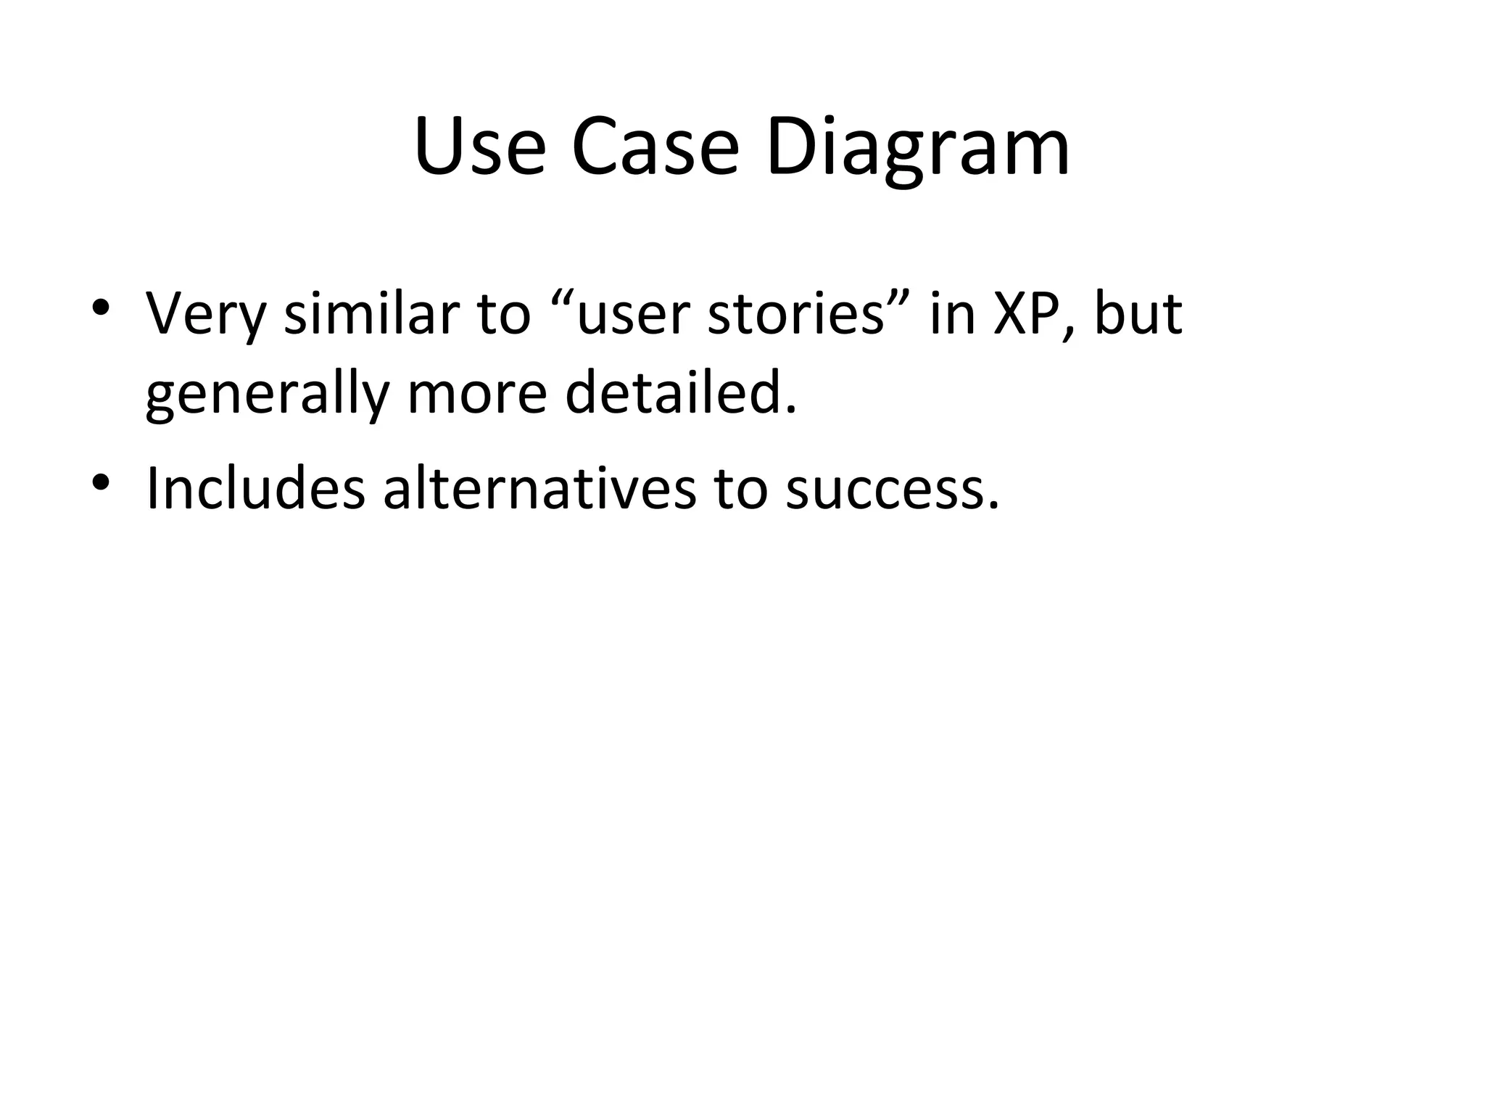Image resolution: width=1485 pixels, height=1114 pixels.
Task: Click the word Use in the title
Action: [479, 148]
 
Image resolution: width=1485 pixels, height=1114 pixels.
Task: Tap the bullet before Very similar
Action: [101, 307]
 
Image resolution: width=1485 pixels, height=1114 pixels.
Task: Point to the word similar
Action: [371, 313]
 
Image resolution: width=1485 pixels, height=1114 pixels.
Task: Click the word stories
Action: [795, 315]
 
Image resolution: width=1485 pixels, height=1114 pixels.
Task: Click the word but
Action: [1138, 313]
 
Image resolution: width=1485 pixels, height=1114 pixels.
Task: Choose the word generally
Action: [267, 397]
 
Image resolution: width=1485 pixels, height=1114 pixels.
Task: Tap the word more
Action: [477, 397]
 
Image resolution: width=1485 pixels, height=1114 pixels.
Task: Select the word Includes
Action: [255, 488]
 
